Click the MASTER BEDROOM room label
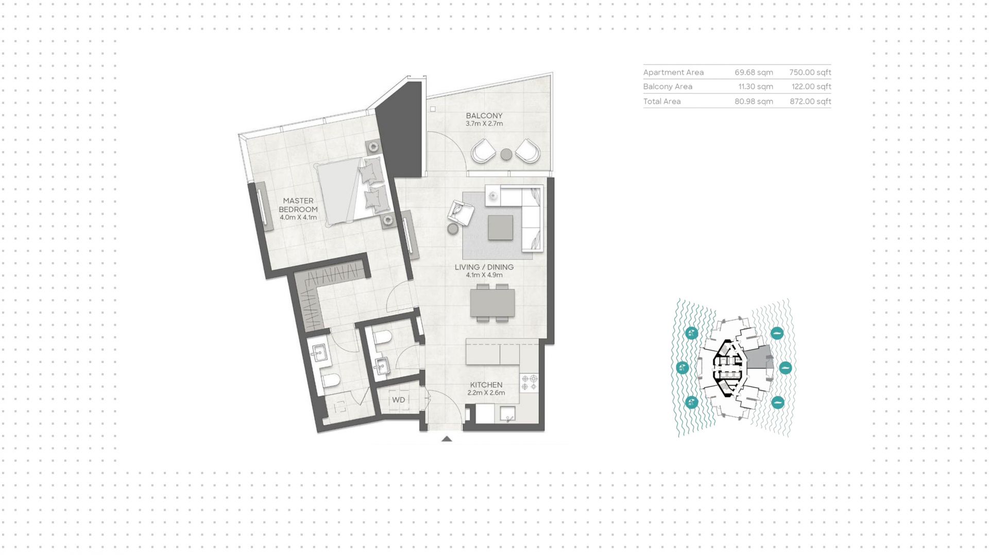coord(298,205)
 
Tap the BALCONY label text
coord(484,116)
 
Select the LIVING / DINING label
coord(484,267)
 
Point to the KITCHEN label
coord(486,385)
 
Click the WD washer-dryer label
coord(398,400)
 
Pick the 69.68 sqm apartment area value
coord(754,73)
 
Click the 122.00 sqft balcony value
coord(811,86)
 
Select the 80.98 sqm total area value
coord(754,101)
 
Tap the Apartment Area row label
coord(673,73)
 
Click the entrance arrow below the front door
coord(447,439)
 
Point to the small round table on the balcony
coord(506,154)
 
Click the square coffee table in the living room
coord(501,227)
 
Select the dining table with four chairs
coord(492,303)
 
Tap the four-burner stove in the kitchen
coord(529,383)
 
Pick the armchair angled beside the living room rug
coord(461,212)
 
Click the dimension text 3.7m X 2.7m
coord(484,124)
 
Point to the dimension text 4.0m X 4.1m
coord(298,218)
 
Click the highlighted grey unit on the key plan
coord(759,357)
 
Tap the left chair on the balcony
coord(483,151)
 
